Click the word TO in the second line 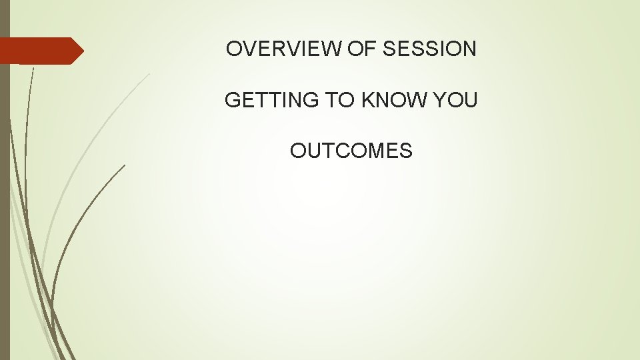(339, 100)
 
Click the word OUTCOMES (351, 151)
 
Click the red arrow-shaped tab (40, 51)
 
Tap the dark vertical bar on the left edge (5, 200)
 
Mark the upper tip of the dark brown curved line (125, 165)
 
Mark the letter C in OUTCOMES (335, 151)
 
